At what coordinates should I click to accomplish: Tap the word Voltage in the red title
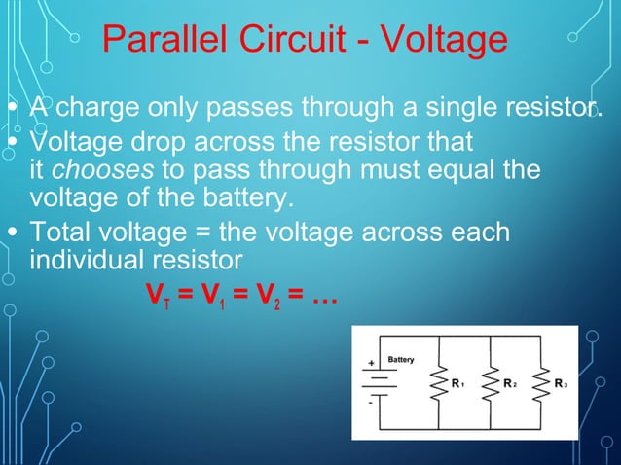click(x=443, y=41)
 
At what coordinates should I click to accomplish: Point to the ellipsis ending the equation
click(x=322, y=296)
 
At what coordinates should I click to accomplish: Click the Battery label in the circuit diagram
click(x=401, y=361)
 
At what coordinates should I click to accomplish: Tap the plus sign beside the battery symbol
click(x=371, y=364)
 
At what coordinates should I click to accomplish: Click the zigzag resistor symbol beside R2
click(x=491, y=383)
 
